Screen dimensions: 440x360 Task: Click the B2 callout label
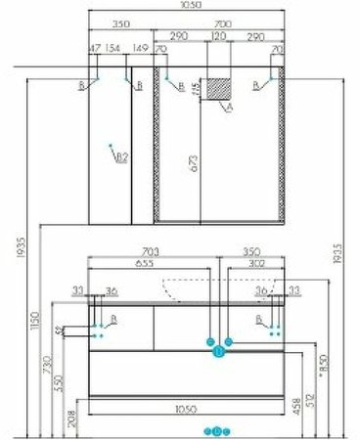[121, 156]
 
